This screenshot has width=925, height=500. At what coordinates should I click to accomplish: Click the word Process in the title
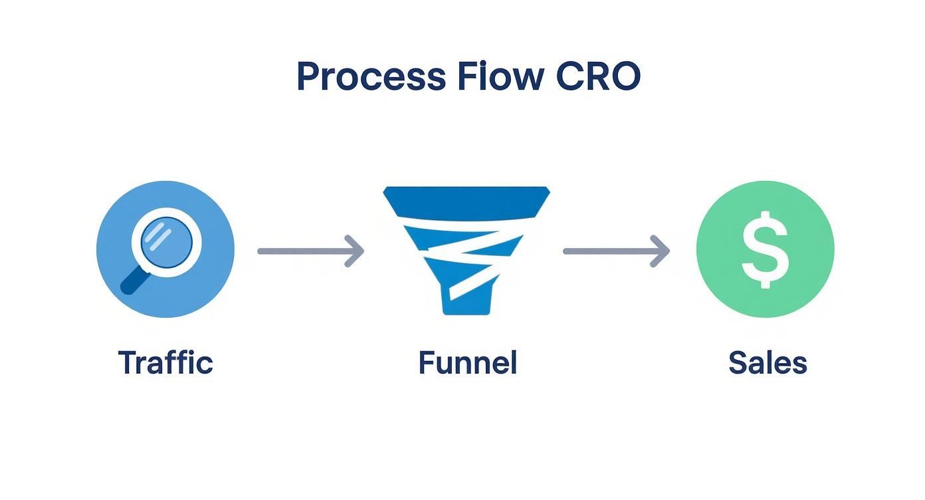370,76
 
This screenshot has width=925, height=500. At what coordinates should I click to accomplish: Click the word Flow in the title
500,76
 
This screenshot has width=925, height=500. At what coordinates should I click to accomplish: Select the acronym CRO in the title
597,76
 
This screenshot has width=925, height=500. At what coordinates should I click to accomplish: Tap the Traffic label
165,363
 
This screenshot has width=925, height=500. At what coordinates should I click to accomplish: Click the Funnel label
467,363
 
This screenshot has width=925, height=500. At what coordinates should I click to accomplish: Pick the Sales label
768,363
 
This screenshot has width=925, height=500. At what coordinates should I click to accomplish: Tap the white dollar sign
765,249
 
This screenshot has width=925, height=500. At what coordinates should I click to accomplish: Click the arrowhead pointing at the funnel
356,251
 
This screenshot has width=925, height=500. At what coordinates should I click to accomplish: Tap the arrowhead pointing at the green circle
661,251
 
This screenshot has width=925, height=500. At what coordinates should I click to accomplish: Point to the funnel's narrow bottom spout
466,303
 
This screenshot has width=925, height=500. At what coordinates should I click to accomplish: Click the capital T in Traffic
126,363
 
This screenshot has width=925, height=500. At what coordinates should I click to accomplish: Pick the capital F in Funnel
427,363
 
